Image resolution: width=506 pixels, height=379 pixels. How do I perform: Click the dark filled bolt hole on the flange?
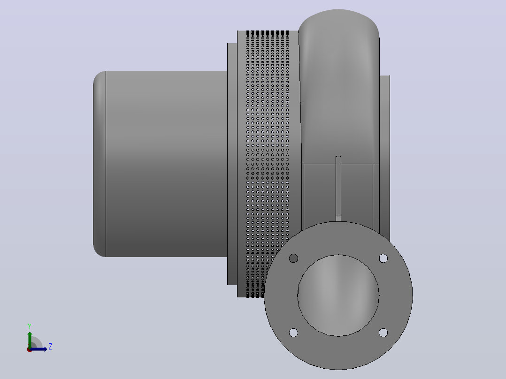pos(293,258)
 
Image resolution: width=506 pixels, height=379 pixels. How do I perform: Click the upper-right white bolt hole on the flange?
pos(383,258)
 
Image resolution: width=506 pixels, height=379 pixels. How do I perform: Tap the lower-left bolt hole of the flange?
pos(293,333)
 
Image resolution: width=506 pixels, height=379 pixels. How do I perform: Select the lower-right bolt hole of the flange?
pos(383,333)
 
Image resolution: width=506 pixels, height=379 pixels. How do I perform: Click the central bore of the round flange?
pos(338,296)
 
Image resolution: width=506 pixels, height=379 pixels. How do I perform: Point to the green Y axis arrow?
pos(30,340)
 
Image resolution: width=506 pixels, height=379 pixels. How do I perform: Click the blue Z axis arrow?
pos(38,349)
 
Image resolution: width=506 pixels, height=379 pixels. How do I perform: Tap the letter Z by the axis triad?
pos(50,347)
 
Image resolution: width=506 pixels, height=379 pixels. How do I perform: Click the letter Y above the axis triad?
pos(30,326)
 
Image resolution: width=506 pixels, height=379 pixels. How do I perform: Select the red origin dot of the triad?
pos(30,349)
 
